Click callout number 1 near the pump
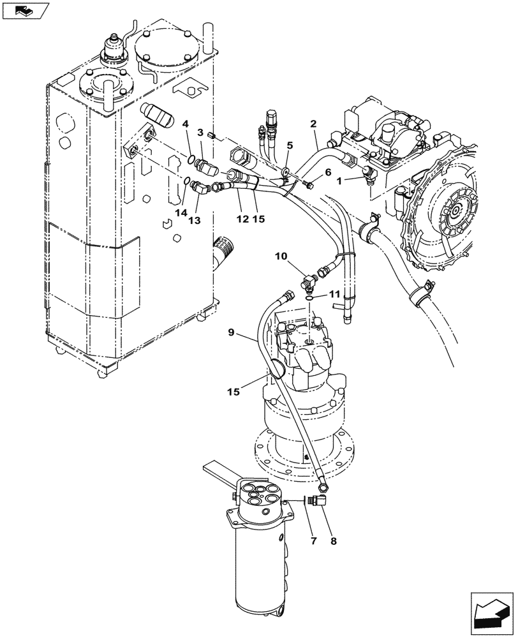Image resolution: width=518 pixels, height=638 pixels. (341, 181)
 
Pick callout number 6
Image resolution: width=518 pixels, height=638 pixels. (329, 172)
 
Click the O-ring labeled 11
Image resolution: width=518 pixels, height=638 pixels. (309, 297)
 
